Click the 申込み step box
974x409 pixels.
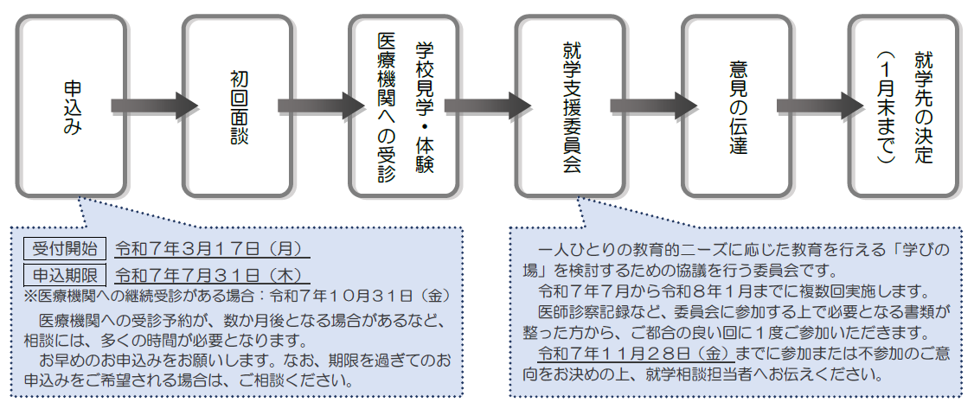click(72, 106)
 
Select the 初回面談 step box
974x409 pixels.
click(238, 106)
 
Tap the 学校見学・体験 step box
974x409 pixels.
click(404, 106)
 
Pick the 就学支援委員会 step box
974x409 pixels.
click(570, 106)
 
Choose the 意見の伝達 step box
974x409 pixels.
click(736, 106)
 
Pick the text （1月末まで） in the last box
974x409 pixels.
click(884, 106)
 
